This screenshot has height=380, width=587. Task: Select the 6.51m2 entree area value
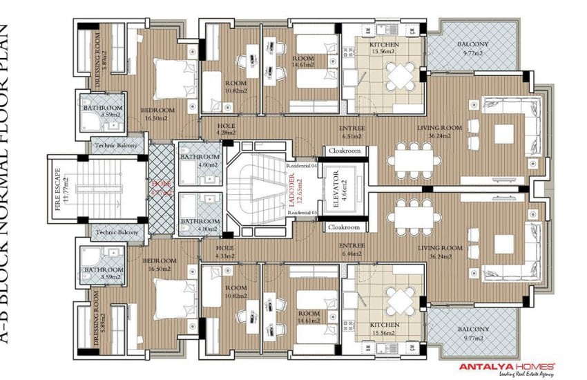pyautogui.click(x=352, y=136)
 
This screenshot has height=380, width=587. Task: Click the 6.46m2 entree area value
pyautogui.click(x=352, y=254)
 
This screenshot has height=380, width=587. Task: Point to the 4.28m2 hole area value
pyautogui.click(x=226, y=133)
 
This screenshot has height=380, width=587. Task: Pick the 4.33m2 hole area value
pyautogui.click(x=225, y=256)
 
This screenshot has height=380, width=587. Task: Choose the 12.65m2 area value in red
pyautogui.click(x=299, y=188)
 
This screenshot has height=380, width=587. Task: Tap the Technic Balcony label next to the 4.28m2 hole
pyautogui.click(x=116, y=146)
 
